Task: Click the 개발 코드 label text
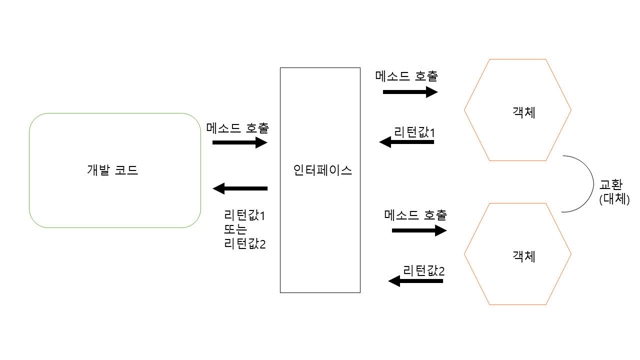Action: (x=112, y=170)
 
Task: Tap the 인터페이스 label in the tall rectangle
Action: (x=323, y=170)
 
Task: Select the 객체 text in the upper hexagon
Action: (x=524, y=112)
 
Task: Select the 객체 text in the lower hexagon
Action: (x=524, y=256)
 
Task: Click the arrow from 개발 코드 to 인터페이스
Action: (x=240, y=142)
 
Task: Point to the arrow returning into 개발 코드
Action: (x=240, y=188)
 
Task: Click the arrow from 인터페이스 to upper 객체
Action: (x=410, y=92)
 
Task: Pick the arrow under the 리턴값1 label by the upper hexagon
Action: (x=406, y=142)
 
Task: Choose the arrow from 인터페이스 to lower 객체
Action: (x=419, y=230)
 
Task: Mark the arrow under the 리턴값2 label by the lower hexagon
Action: (x=415, y=281)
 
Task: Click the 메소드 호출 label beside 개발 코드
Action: (x=237, y=128)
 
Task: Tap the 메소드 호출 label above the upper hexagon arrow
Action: (x=406, y=76)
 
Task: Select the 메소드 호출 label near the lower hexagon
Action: (x=415, y=215)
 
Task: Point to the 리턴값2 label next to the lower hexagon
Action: (x=423, y=271)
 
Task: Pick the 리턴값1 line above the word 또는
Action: (x=245, y=216)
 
